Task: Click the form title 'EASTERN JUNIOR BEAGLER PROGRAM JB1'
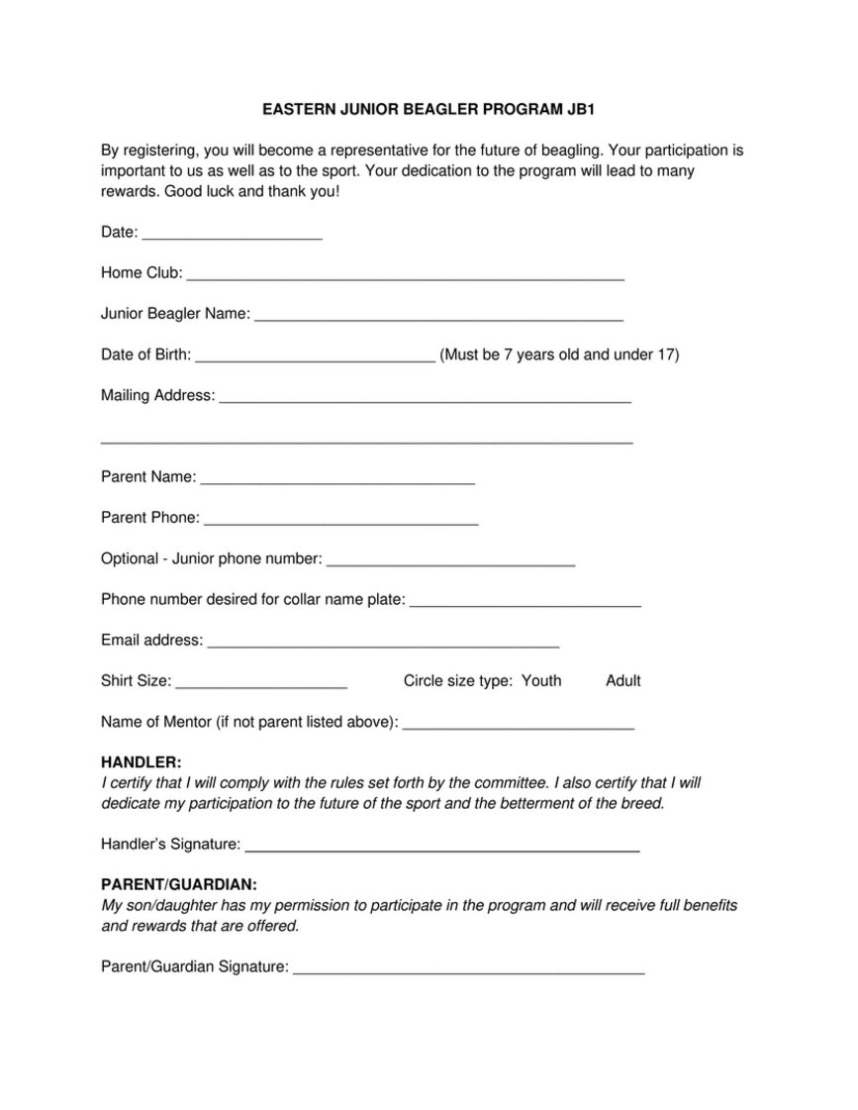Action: point(429,110)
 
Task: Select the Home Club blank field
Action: point(405,274)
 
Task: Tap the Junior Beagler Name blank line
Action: point(438,315)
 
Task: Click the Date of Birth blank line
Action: point(316,355)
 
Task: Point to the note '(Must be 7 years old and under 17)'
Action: point(559,354)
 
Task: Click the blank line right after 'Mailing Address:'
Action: point(425,396)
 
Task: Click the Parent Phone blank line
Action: point(340,518)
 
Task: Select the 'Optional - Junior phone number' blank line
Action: point(450,559)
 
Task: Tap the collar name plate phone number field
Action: point(524,600)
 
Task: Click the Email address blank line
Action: point(383,641)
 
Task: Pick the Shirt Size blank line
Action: point(260,681)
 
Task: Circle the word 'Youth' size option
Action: point(541,680)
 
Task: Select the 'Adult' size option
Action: point(623,680)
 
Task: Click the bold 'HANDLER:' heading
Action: point(142,762)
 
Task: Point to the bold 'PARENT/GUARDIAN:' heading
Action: point(179,884)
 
